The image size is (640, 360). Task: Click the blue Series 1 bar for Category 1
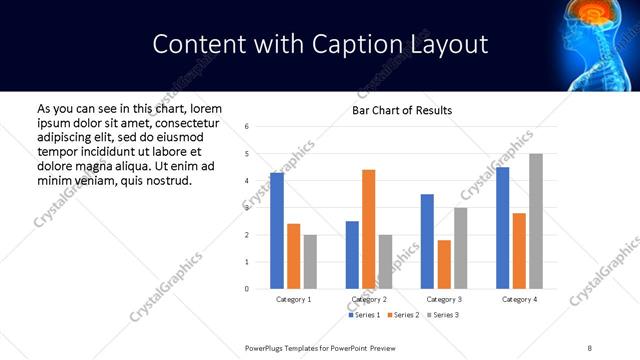(277, 231)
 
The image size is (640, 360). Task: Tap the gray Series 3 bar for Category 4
(536, 221)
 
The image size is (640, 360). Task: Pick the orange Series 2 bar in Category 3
(444, 264)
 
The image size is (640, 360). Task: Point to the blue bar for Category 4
(502, 228)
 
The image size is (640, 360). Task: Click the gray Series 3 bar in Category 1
(310, 262)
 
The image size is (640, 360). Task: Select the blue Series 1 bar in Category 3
(427, 241)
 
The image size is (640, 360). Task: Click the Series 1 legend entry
(363, 315)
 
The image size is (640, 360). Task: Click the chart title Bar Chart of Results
(402, 110)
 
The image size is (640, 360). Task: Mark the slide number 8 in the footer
(589, 347)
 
